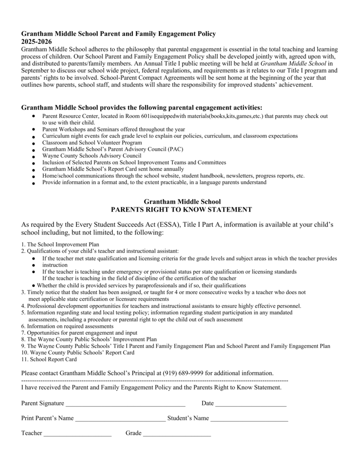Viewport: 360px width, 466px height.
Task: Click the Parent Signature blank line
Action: click(125, 404)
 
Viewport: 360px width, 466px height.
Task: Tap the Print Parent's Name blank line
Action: click(120, 418)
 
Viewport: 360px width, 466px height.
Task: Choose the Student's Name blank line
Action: click(249, 418)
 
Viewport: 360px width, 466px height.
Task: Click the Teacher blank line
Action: click(77, 433)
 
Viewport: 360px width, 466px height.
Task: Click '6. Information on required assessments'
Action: click(67, 327)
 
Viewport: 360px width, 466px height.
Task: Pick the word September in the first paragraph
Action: click(39, 71)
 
